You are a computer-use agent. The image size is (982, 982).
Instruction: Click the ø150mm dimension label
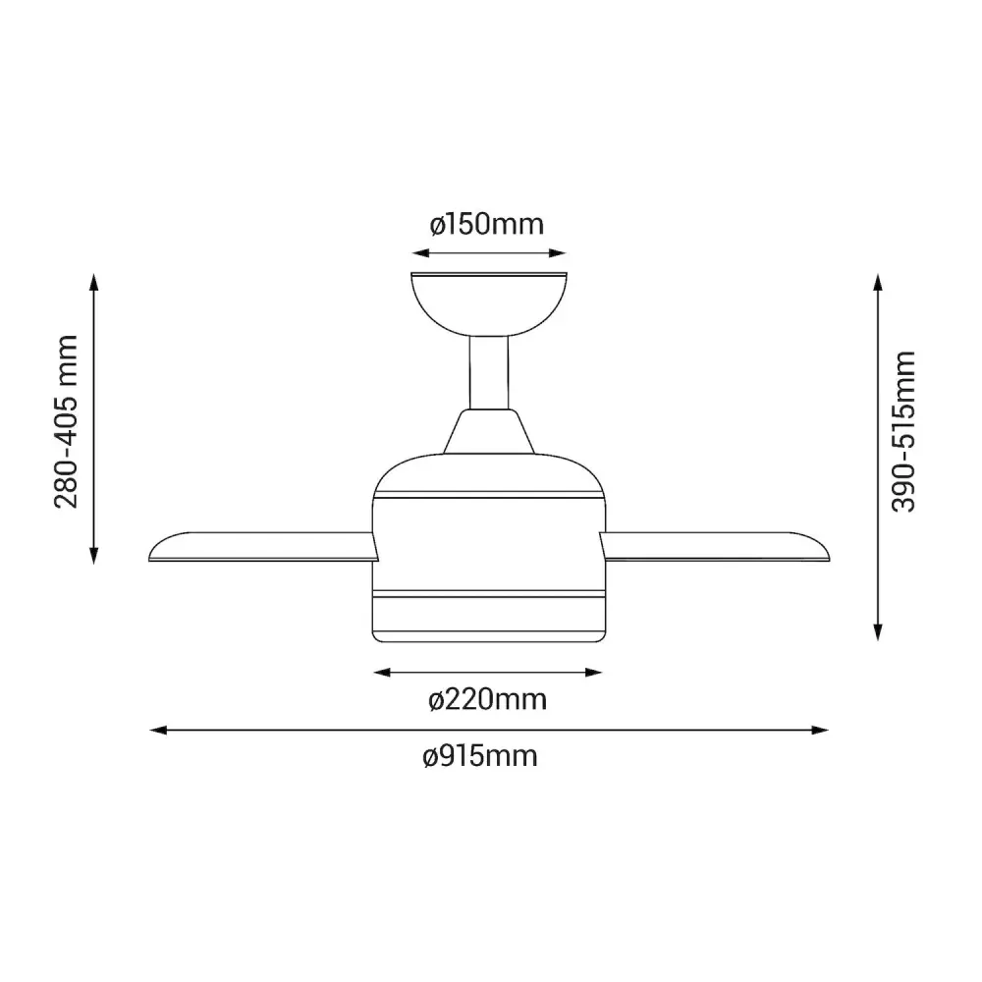pos(487,224)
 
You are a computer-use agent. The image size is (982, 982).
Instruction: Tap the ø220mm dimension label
pos(488,699)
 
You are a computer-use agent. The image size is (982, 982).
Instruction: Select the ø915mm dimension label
pos(480,756)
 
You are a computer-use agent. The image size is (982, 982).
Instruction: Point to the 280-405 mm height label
pos(67,421)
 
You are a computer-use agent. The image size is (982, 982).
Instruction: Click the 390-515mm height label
pos(903,432)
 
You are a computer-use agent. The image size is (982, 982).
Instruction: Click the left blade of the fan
pos(263,547)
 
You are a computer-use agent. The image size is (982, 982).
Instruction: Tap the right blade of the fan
pos(715,547)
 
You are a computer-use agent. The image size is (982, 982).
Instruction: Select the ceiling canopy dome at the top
pos(489,304)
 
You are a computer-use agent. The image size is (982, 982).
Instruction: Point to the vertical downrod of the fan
pos(489,373)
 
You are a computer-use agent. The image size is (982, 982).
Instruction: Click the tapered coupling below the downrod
pos(489,431)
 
